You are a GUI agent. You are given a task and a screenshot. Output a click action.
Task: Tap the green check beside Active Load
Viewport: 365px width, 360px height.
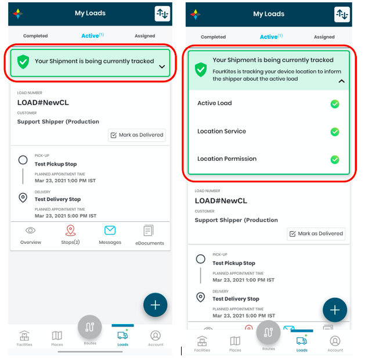335,104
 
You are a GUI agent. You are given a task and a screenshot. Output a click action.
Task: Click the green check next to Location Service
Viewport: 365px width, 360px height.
335,132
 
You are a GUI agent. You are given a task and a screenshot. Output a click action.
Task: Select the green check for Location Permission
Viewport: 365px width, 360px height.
335,160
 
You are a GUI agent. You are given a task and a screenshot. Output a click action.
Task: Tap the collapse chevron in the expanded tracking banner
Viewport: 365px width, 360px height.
341,81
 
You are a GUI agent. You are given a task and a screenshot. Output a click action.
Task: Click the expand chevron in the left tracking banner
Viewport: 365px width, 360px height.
162,67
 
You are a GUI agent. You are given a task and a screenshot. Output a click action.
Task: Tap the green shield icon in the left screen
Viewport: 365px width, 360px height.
23,62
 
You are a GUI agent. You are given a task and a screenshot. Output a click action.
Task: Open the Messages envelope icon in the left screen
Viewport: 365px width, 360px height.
110,231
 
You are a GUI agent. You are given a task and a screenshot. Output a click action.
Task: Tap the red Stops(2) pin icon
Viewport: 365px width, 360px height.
70,231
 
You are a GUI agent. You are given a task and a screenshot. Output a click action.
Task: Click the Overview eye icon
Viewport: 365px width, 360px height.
31,231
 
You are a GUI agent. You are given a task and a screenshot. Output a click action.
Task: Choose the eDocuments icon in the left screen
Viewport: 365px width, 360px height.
149,231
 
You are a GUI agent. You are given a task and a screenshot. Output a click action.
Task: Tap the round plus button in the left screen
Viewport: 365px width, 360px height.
156,305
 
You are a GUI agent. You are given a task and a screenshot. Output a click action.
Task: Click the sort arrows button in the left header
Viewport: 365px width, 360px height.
162,14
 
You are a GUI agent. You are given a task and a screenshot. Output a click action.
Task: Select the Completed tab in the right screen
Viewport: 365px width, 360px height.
213,37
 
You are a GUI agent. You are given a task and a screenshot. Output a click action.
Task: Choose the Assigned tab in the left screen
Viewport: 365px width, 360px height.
145,36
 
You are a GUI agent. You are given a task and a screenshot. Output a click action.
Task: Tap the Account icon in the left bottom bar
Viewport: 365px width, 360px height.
156,336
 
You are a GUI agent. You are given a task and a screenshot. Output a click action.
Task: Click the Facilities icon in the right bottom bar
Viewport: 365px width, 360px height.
202,341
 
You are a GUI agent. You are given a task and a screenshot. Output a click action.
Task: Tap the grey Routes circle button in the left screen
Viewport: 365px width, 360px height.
89,327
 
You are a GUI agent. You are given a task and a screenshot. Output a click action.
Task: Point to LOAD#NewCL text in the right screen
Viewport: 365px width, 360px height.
221,201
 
